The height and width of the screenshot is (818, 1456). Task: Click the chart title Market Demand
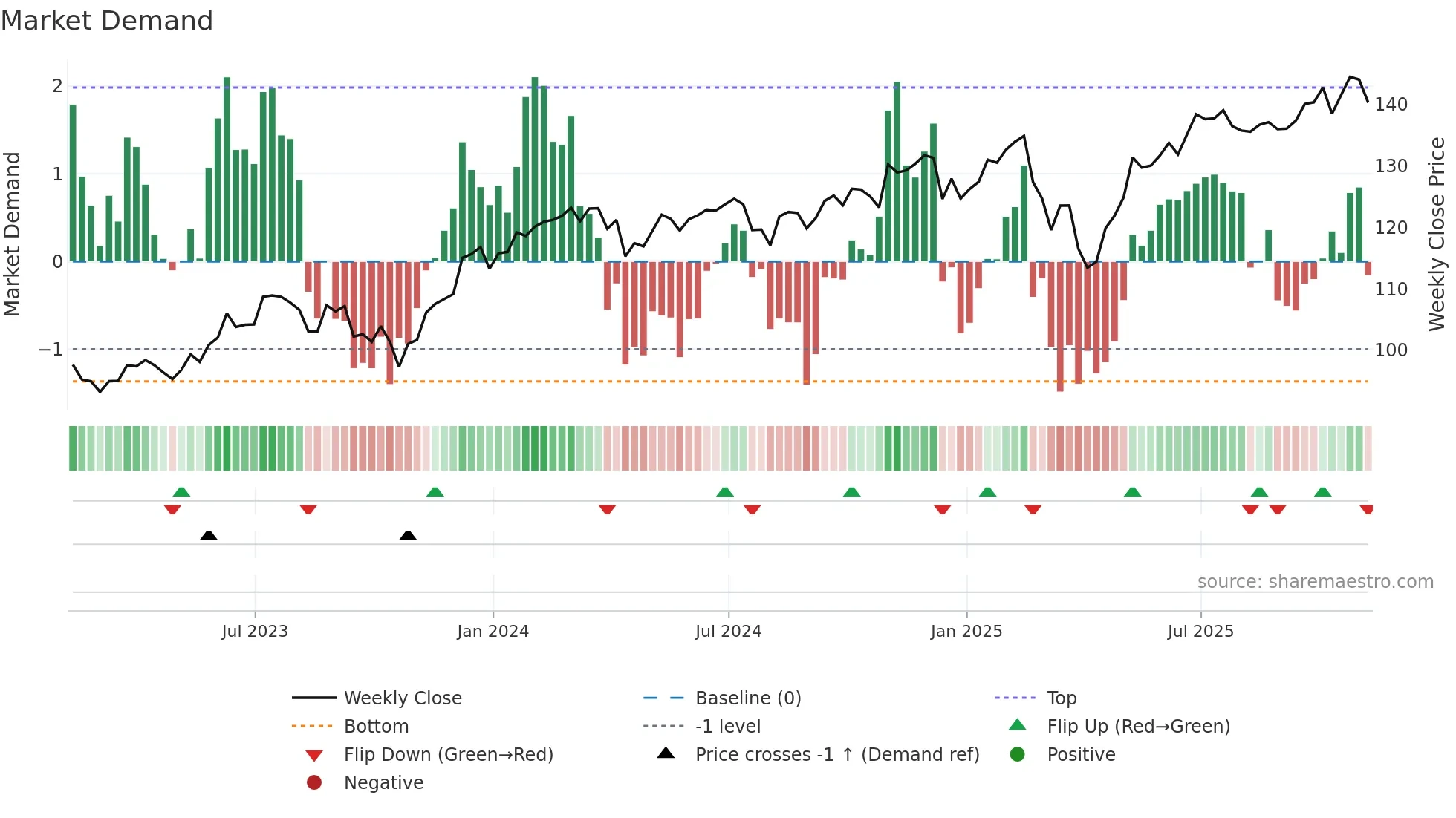[x=107, y=21]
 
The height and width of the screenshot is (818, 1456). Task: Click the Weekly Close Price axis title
[x=1437, y=234]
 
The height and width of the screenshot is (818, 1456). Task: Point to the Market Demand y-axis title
[x=13, y=234]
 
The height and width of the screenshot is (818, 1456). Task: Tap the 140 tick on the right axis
[x=1391, y=105]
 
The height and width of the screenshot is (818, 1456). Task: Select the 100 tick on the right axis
[x=1391, y=350]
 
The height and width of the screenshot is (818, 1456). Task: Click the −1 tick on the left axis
[x=51, y=349]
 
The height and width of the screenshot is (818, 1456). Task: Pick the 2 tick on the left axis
[x=57, y=86]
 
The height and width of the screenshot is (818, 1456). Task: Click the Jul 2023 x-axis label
[x=255, y=632]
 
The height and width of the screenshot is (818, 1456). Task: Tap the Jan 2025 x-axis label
[x=966, y=632]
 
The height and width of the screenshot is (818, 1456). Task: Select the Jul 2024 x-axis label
[x=728, y=632]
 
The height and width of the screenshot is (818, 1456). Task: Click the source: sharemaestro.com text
[x=1315, y=582]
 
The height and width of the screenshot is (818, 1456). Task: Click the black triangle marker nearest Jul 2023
[x=209, y=535]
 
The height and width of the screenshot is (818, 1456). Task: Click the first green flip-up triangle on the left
[x=181, y=491]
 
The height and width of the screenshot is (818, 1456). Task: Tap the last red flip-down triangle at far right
[x=1366, y=509]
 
